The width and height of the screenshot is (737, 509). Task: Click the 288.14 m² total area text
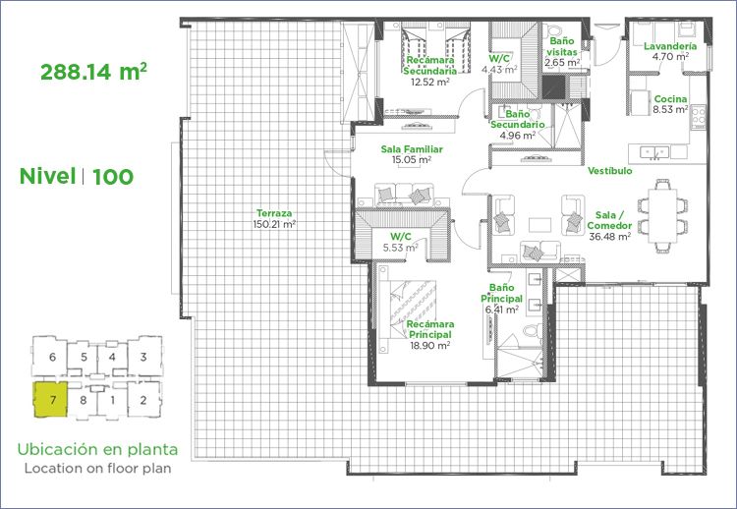[93, 72]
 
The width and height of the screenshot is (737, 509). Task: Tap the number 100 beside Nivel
[113, 177]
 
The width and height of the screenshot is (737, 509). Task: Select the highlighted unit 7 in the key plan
[51, 400]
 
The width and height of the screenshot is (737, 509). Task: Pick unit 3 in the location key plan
[143, 357]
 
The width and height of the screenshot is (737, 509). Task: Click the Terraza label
[274, 213]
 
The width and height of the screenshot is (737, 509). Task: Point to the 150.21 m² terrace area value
[274, 224]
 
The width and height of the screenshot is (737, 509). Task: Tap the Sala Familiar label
[412, 149]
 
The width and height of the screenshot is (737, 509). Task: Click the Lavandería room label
[670, 46]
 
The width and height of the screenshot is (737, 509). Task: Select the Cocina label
[671, 98]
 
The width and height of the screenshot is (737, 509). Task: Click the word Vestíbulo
[610, 171]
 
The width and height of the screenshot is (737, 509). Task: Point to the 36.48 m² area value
[609, 237]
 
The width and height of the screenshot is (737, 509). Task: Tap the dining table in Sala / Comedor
[662, 215]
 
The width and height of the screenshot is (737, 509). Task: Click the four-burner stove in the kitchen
[699, 116]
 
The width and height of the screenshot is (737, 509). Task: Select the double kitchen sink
[654, 151]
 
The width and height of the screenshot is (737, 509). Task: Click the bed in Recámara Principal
[408, 310]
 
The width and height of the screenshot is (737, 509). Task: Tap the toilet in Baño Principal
[533, 330]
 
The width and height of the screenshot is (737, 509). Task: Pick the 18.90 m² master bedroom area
[430, 346]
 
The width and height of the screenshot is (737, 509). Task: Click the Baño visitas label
[562, 46]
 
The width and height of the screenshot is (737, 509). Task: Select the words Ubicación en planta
[97, 449]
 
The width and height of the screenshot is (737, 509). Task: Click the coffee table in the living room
[539, 225]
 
